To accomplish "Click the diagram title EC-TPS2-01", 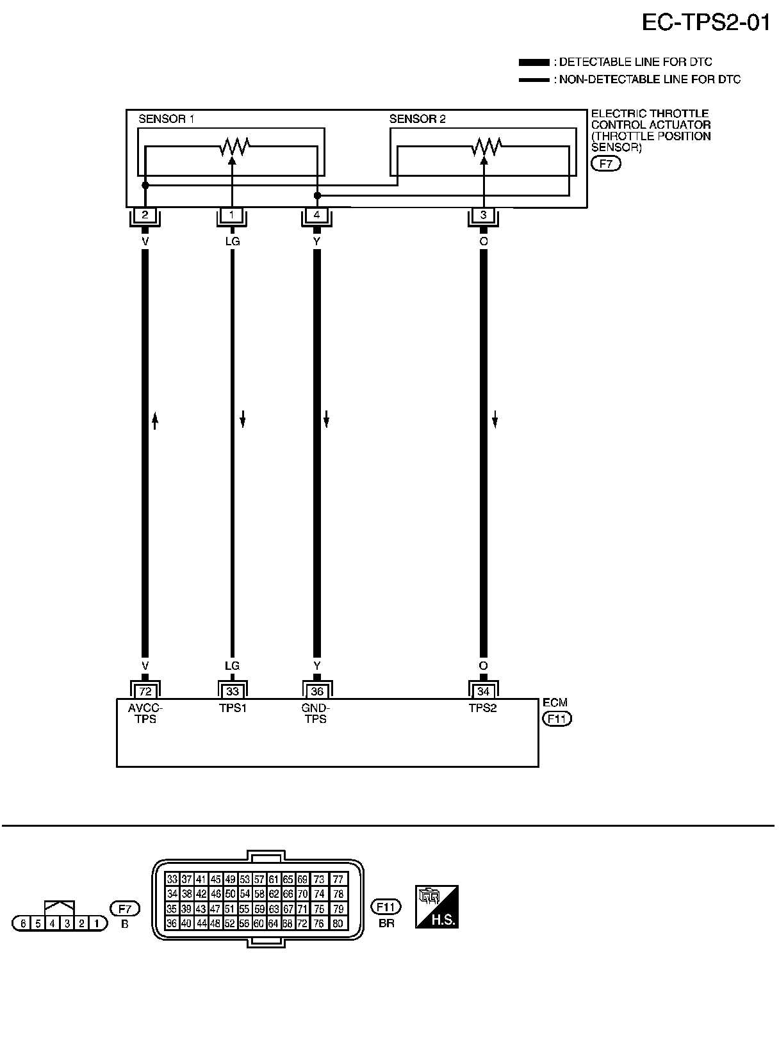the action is pyautogui.click(x=705, y=23).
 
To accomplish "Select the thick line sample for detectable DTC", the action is pyautogui.click(x=533, y=62).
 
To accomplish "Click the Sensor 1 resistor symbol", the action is pyautogui.click(x=233, y=147).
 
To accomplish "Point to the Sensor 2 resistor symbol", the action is pyautogui.click(x=484, y=147).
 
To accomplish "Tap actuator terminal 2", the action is pyautogui.click(x=145, y=215).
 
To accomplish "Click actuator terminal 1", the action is pyautogui.click(x=232, y=215).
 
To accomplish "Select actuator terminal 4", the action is pyautogui.click(x=316, y=215).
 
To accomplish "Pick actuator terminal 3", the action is pyautogui.click(x=484, y=215).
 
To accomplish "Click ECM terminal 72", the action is pyautogui.click(x=145, y=692).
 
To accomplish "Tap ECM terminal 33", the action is pyautogui.click(x=232, y=692).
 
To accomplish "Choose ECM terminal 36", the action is pyautogui.click(x=316, y=692).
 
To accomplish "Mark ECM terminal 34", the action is pyautogui.click(x=484, y=692).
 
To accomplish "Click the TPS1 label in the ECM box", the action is pyautogui.click(x=232, y=708).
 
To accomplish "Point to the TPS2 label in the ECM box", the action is pyautogui.click(x=482, y=708).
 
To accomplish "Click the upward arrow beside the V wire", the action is pyautogui.click(x=154, y=421).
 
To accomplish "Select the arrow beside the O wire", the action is pyautogui.click(x=495, y=421).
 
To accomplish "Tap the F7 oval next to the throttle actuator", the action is pyautogui.click(x=605, y=164).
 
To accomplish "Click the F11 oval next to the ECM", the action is pyautogui.click(x=557, y=718).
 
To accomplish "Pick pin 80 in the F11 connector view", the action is pyautogui.click(x=338, y=923).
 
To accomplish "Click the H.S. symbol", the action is pyautogui.click(x=437, y=907).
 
